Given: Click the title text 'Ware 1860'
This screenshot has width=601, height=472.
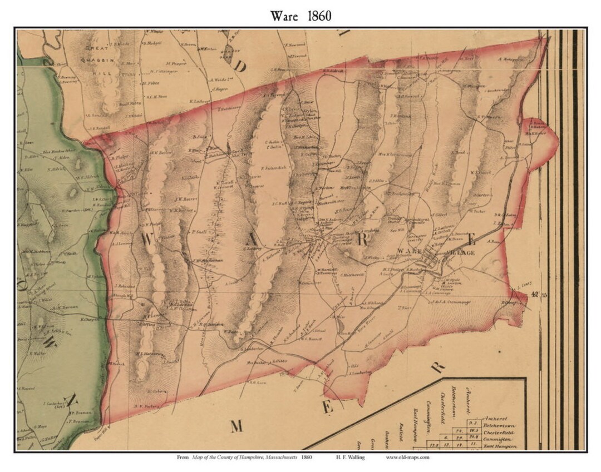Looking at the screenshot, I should (x=300, y=16).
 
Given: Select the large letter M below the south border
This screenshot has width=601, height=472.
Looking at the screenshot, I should (x=237, y=426).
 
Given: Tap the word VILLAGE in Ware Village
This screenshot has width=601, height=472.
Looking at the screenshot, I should (x=460, y=253).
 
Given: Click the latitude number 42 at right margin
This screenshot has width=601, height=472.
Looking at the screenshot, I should (x=534, y=294).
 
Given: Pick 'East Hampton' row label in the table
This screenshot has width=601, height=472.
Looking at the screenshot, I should (x=505, y=446).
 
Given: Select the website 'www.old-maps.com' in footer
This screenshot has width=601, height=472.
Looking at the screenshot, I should (x=408, y=458).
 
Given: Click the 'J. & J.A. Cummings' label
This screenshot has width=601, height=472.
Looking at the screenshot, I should (x=450, y=302).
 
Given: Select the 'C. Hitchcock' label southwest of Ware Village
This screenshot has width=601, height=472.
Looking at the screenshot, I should (x=353, y=275).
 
